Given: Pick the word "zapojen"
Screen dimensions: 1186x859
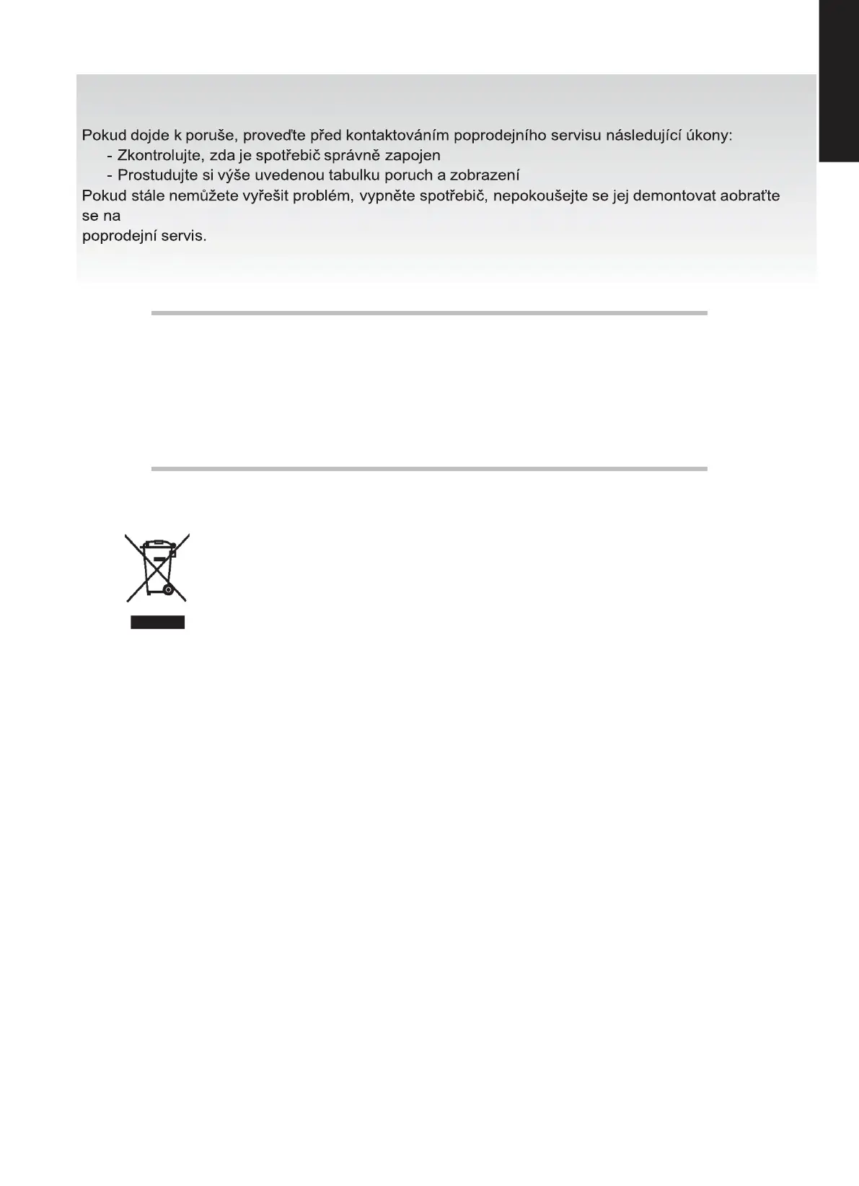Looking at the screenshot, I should pyautogui.click(x=413, y=156).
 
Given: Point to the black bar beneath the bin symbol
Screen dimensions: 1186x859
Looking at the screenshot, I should pyautogui.click(x=158, y=622).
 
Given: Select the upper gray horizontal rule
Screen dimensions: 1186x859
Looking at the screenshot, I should pyautogui.click(x=429, y=313).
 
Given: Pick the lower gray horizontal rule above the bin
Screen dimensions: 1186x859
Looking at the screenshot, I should pyautogui.click(x=429, y=469).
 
